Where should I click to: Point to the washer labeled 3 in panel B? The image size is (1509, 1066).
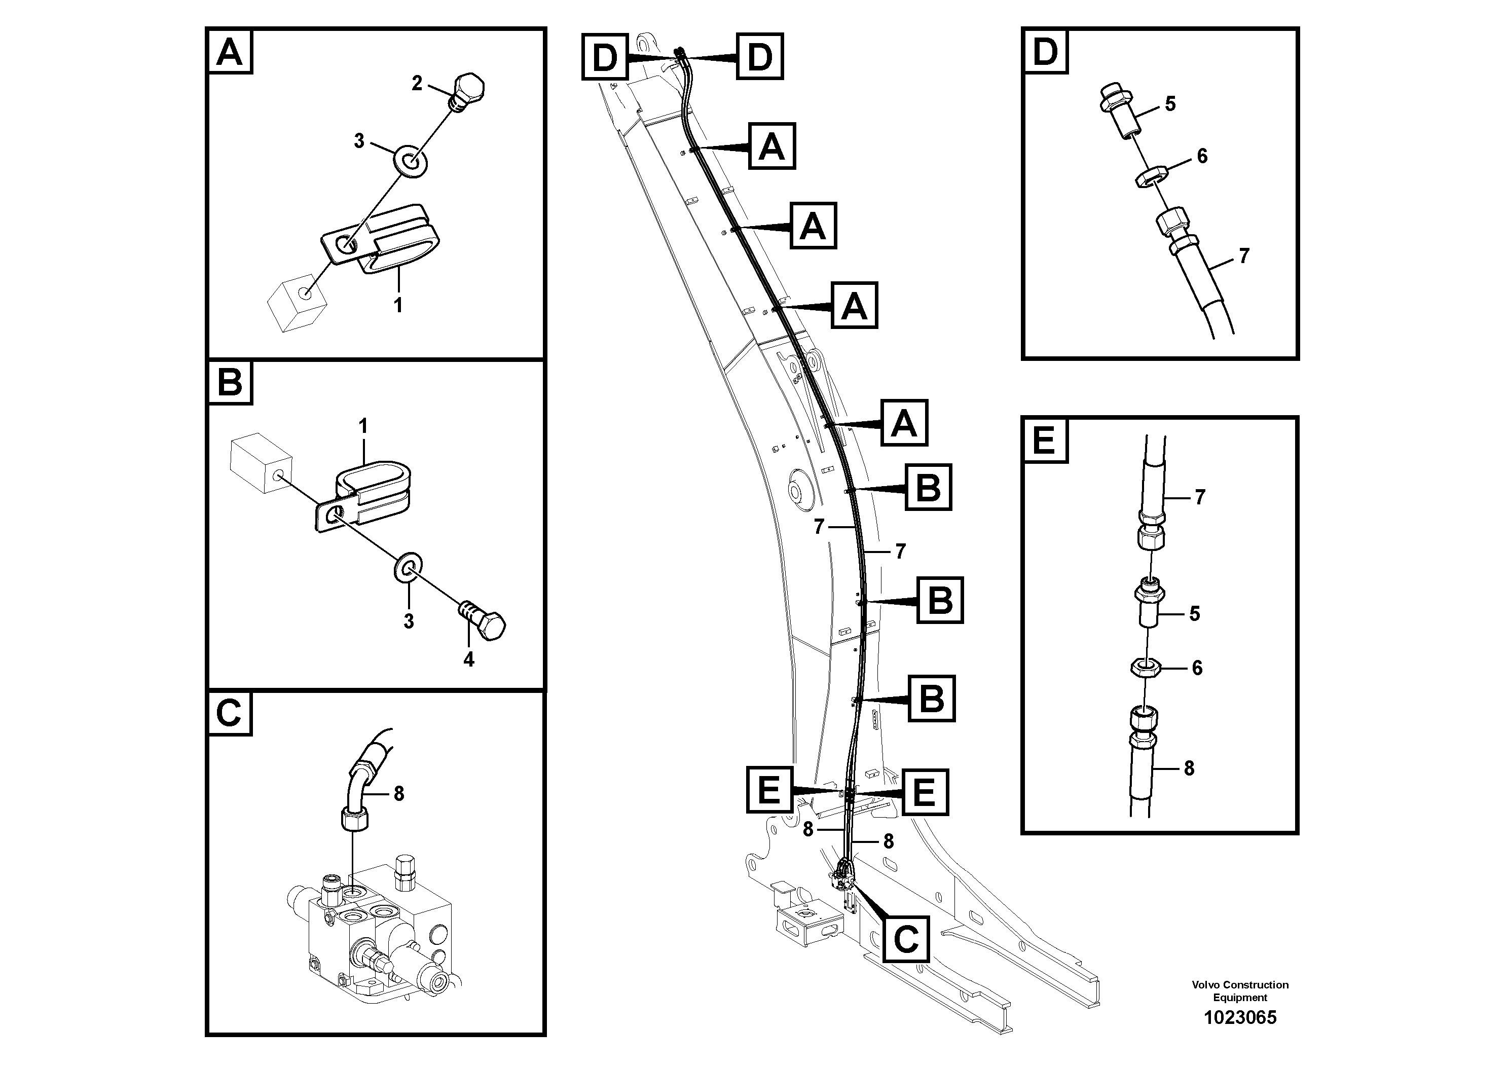pos(408,567)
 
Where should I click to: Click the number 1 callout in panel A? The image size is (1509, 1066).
pos(397,305)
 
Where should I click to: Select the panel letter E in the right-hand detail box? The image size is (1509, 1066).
pos(1044,439)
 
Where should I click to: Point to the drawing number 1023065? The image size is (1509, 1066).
pos(1239,1017)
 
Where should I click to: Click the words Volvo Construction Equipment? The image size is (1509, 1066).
pos(1239,990)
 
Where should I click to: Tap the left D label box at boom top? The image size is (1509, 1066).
pos(605,57)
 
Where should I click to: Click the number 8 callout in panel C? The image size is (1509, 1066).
pos(398,794)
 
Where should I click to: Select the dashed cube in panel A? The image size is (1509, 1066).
pos(297,303)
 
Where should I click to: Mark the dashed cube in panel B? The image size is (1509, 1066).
pos(261,463)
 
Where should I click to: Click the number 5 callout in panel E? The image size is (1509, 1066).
pos(1194,614)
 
